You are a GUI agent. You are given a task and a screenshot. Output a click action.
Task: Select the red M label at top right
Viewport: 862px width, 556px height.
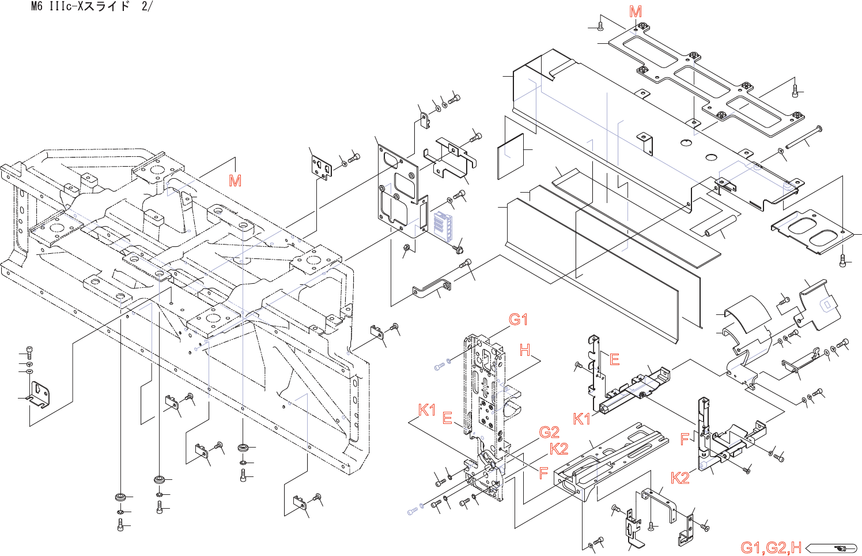point(636,12)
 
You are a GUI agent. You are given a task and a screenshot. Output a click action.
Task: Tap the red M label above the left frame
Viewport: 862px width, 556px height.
point(235,181)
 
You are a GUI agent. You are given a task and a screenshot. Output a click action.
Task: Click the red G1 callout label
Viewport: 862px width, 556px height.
point(518,319)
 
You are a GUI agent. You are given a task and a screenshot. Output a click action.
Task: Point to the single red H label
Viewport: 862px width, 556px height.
point(525,350)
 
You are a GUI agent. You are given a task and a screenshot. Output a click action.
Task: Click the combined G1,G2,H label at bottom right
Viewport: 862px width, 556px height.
point(770,547)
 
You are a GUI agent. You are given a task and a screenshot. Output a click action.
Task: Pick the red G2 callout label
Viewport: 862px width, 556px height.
point(549,432)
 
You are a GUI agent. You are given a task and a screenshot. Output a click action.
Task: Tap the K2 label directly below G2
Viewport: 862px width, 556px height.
point(558,449)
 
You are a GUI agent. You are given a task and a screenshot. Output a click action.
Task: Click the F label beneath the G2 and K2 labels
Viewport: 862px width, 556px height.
point(543,474)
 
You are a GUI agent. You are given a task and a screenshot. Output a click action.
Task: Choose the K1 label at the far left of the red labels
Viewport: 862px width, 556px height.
point(427,410)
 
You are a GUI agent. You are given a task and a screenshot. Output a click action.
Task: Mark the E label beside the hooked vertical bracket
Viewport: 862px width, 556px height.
point(614,359)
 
